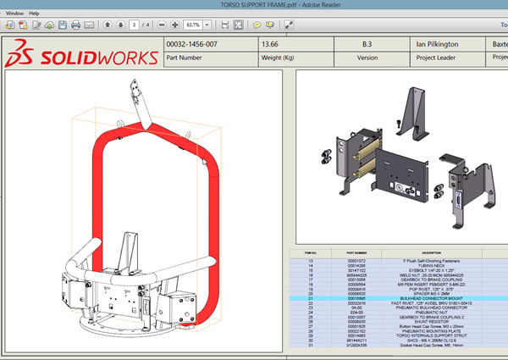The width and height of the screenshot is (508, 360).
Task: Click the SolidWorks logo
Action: [80, 58]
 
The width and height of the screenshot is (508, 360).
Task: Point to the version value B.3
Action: [367, 43]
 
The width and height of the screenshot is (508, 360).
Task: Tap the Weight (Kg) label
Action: [283, 58]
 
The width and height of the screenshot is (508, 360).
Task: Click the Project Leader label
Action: [439, 58]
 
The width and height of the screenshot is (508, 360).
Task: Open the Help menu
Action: [34, 14]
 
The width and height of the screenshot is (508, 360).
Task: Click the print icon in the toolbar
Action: [75, 25]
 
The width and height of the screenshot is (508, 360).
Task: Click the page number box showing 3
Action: [132, 25]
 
